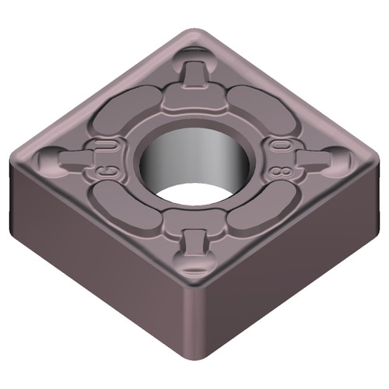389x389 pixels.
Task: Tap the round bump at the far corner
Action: [x=195, y=55]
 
